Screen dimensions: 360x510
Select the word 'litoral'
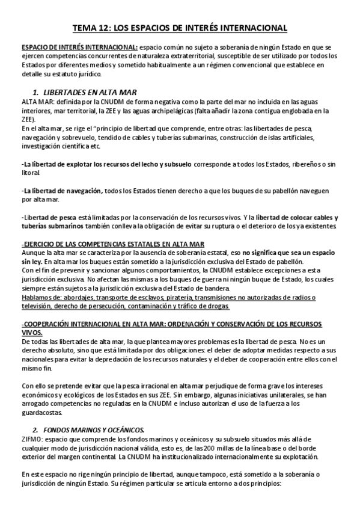[x=31, y=173]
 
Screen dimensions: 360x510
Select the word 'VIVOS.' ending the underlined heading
[x=32, y=332]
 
